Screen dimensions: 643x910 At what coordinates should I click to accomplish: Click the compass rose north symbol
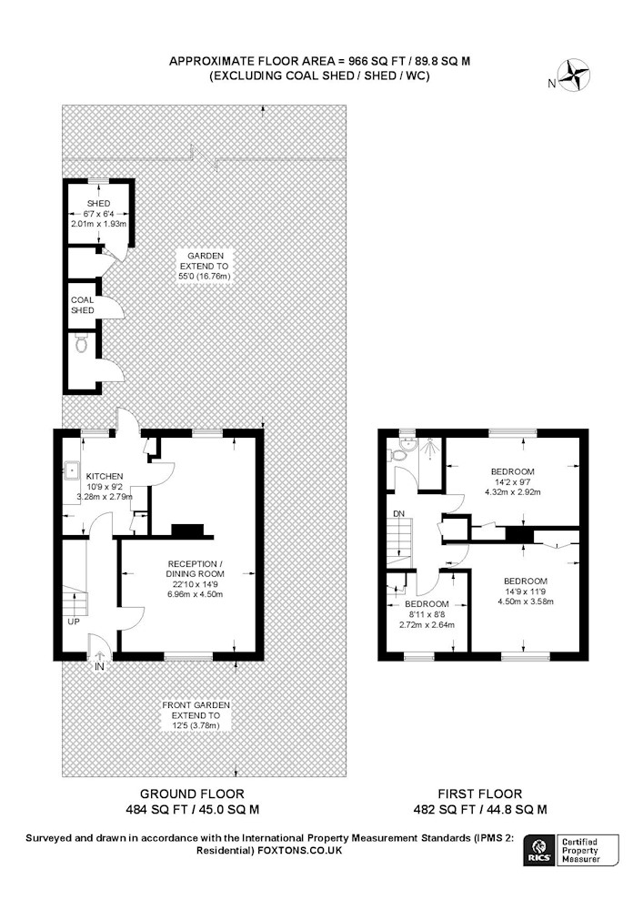pyautogui.click(x=577, y=75)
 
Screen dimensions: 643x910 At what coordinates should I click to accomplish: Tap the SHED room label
pyautogui.click(x=98, y=204)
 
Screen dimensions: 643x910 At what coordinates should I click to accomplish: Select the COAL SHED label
pyautogui.click(x=83, y=305)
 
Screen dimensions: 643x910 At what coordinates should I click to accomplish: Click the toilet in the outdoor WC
pyautogui.click(x=82, y=346)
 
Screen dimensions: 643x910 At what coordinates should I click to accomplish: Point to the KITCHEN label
pyautogui.click(x=105, y=476)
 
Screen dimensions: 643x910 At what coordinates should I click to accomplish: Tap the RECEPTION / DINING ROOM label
pyautogui.click(x=195, y=569)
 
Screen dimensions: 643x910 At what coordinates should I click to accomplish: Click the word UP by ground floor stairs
pyautogui.click(x=75, y=622)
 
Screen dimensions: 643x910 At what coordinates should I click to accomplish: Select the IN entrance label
pyautogui.click(x=99, y=667)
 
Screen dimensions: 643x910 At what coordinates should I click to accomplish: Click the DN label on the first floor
pyautogui.click(x=399, y=513)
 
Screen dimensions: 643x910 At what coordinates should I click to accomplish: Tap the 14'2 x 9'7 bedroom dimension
pyautogui.click(x=513, y=481)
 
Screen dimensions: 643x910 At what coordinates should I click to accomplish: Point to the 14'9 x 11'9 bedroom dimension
pyautogui.click(x=526, y=591)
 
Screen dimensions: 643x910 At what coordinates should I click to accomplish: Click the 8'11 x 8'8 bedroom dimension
pyautogui.click(x=427, y=614)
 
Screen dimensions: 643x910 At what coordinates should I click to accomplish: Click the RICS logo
pyautogui.click(x=538, y=851)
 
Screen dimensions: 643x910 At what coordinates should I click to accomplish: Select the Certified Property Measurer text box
pyautogui.click(x=587, y=851)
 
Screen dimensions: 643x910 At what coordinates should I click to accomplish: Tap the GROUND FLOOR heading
pyautogui.click(x=193, y=794)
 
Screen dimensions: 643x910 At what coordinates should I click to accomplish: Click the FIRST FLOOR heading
pyautogui.click(x=480, y=794)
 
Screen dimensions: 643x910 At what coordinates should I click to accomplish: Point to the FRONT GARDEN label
pyautogui.click(x=196, y=705)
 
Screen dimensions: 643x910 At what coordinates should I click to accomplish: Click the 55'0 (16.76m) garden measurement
pyautogui.click(x=204, y=277)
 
